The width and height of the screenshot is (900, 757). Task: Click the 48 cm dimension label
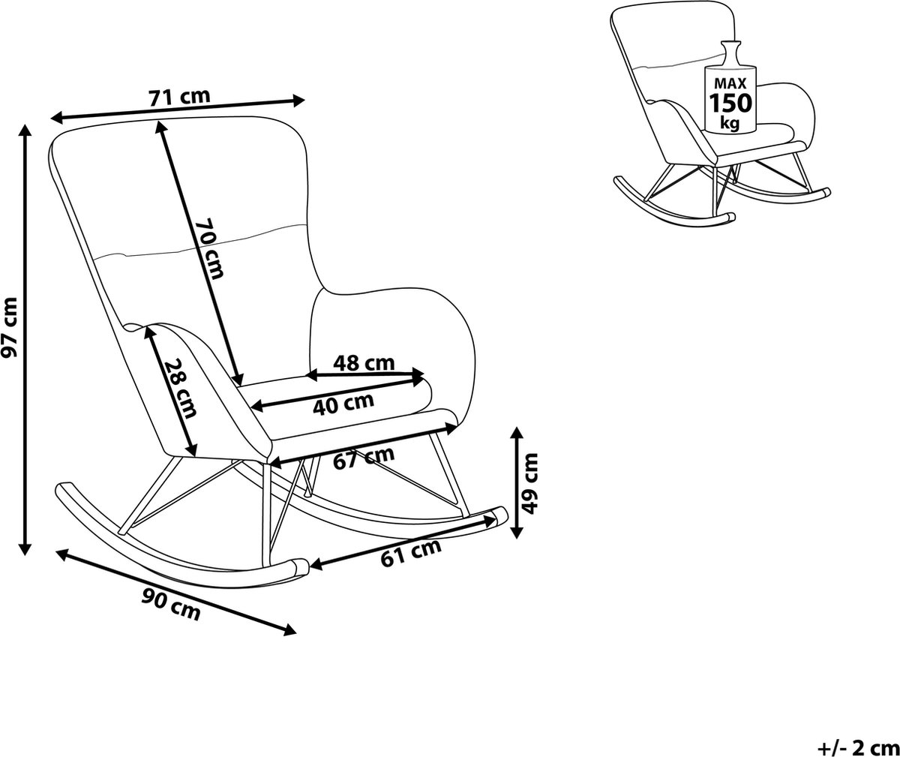coord(364,363)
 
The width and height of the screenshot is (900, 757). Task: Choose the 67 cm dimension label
coord(364,456)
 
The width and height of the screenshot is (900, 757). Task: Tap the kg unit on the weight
coord(728,122)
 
